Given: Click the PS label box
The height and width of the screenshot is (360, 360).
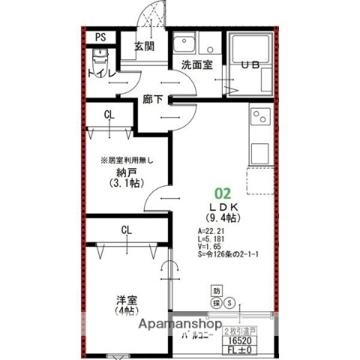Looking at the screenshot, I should click(x=100, y=37).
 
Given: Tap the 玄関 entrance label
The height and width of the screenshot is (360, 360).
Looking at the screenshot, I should click(x=145, y=46).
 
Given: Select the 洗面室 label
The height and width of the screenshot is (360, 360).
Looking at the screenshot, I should click(x=196, y=65).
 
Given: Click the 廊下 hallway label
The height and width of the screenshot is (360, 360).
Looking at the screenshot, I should click(x=153, y=99).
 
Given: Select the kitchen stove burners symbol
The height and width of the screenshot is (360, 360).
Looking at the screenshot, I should click(x=259, y=117).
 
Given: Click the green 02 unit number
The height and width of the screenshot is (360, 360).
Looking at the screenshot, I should click(x=223, y=192).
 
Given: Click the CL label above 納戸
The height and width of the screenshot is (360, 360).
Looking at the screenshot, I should click(x=109, y=114).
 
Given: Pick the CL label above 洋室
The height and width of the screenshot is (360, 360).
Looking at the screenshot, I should click(x=124, y=230).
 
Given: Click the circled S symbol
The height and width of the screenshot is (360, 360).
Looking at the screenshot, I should click(x=230, y=304).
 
